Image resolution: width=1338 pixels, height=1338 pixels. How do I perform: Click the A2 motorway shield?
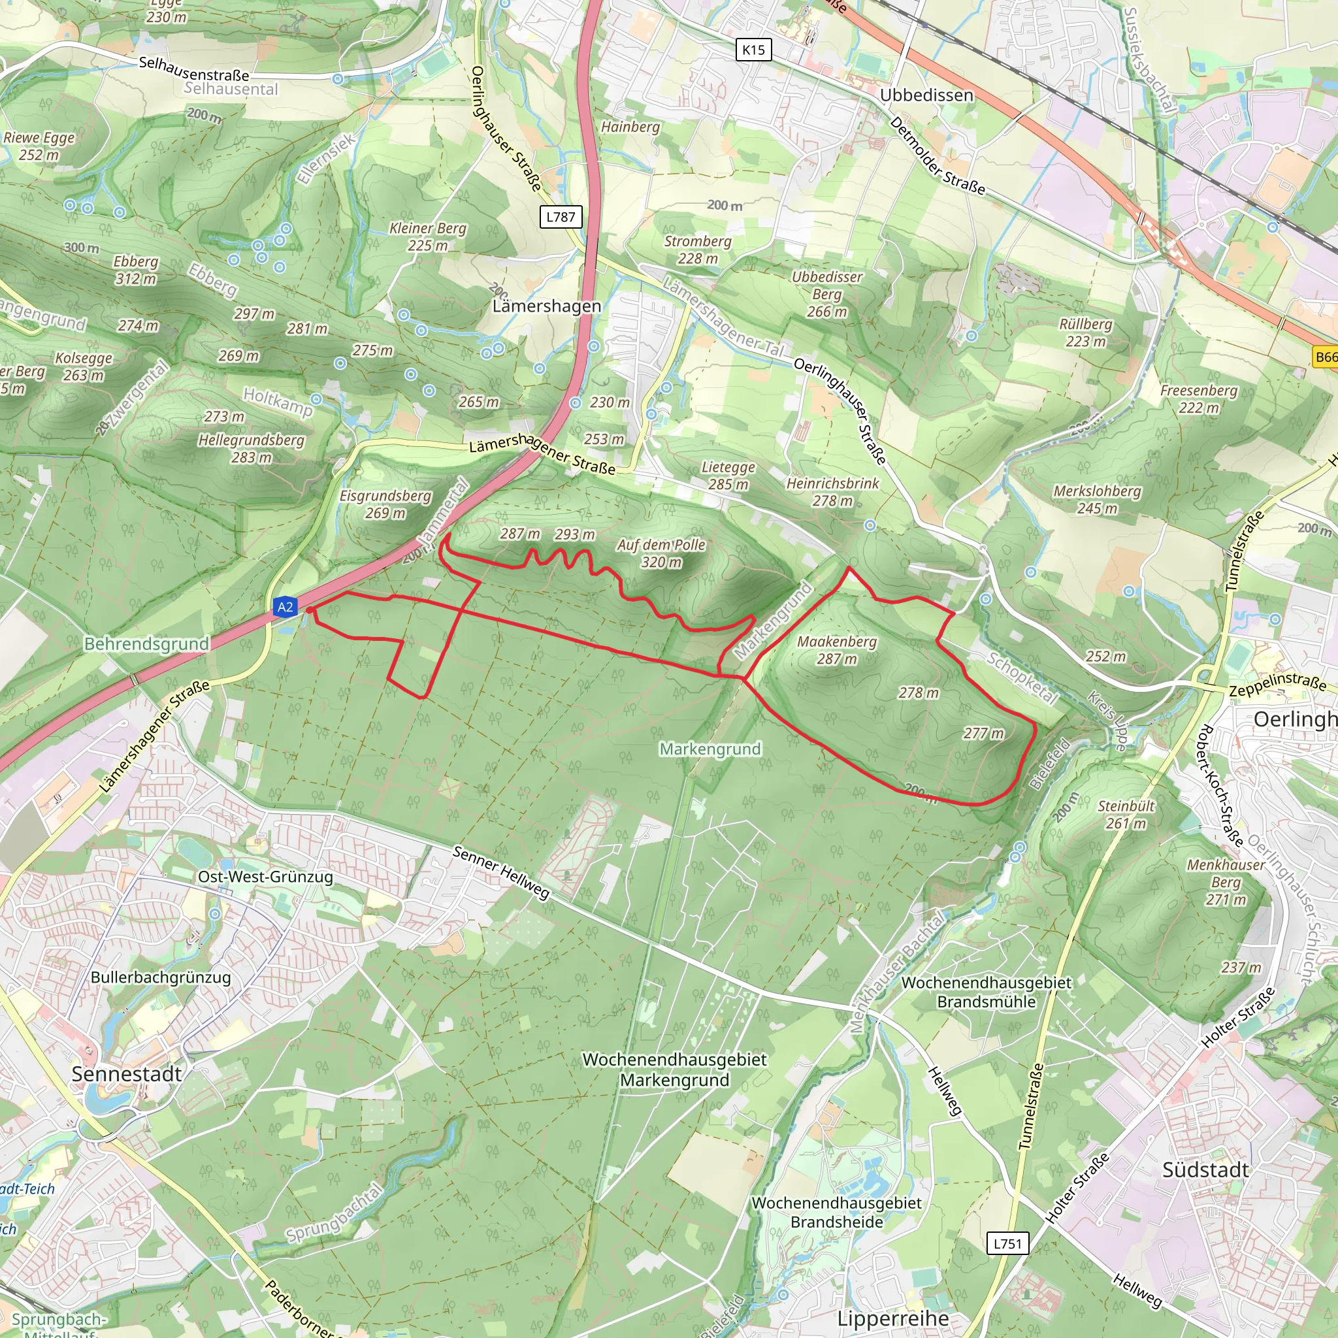point(286,608)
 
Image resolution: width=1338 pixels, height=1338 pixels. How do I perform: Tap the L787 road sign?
point(561,217)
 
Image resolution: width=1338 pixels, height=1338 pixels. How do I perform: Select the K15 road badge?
point(753,50)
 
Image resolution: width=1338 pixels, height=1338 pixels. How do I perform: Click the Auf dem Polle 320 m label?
point(661,553)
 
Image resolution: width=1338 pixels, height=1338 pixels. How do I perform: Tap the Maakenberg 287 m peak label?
point(837,650)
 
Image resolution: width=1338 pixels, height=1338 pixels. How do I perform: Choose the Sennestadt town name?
point(127,1074)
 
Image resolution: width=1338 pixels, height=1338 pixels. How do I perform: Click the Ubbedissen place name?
point(926,95)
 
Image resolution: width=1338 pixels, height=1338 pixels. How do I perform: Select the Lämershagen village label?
point(546,306)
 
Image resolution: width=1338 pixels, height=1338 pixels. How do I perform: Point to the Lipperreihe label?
point(892,1318)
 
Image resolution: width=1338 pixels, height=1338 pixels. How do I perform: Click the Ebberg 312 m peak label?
point(136,270)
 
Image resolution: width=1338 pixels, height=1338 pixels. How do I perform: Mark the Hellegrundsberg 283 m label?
point(252,449)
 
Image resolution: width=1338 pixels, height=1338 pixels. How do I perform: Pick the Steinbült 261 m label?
point(1126,815)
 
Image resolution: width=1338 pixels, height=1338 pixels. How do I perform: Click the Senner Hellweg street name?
point(500,873)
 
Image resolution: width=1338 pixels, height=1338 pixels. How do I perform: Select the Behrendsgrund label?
point(146,644)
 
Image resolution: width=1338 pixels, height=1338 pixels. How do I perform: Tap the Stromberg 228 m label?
point(697,250)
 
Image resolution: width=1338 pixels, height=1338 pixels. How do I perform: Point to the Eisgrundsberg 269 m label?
point(385,505)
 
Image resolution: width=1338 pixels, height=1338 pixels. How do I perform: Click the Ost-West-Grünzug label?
point(265,877)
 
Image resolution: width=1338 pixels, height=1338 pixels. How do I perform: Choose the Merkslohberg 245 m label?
point(1097,500)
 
